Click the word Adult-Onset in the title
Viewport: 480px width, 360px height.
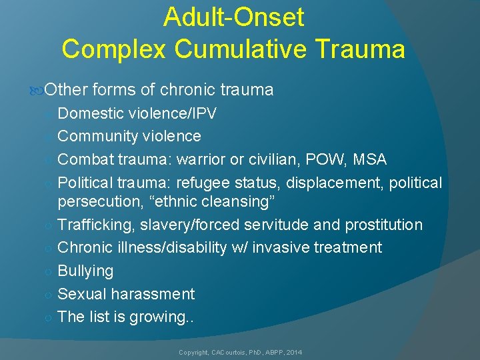click(x=233, y=17)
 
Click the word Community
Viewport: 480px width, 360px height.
click(x=97, y=137)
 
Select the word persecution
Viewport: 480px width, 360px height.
click(x=96, y=201)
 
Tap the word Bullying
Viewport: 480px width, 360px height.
click(x=85, y=271)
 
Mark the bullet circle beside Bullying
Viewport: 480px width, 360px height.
click(x=48, y=272)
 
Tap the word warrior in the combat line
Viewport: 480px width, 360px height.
click(x=201, y=160)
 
